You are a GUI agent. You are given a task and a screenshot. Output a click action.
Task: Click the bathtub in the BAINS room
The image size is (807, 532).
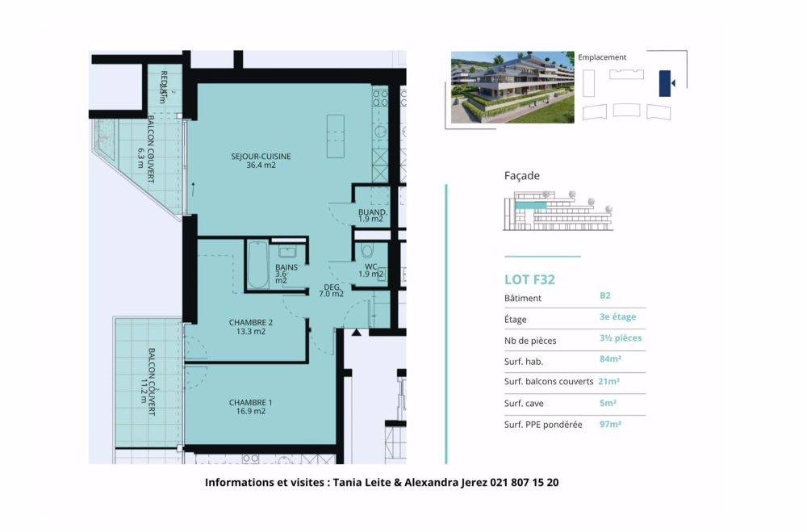click(258, 266)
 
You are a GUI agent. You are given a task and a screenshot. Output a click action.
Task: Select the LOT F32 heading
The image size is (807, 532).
click(529, 280)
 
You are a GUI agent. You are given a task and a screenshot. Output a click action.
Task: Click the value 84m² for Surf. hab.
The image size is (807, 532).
click(609, 359)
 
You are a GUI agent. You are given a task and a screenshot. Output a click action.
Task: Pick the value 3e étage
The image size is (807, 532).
click(617, 317)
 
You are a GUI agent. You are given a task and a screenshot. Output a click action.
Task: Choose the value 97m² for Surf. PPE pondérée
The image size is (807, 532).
click(609, 423)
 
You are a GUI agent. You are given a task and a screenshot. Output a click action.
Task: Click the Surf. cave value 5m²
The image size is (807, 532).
click(608, 402)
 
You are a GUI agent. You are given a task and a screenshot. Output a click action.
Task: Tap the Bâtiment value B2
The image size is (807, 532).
click(604, 296)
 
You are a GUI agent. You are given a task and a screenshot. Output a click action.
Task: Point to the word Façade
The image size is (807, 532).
click(521, 175)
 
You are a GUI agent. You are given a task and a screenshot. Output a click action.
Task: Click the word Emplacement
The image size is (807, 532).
click(602, 57)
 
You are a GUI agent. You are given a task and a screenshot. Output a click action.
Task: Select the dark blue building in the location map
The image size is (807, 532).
click(665, 83)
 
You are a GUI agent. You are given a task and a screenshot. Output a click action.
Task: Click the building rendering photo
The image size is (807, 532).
click(512, 87)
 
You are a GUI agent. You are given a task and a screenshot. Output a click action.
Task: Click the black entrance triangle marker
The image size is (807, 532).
click(356, 333)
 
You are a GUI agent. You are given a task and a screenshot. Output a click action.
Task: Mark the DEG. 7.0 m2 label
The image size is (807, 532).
click(332, 289)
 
